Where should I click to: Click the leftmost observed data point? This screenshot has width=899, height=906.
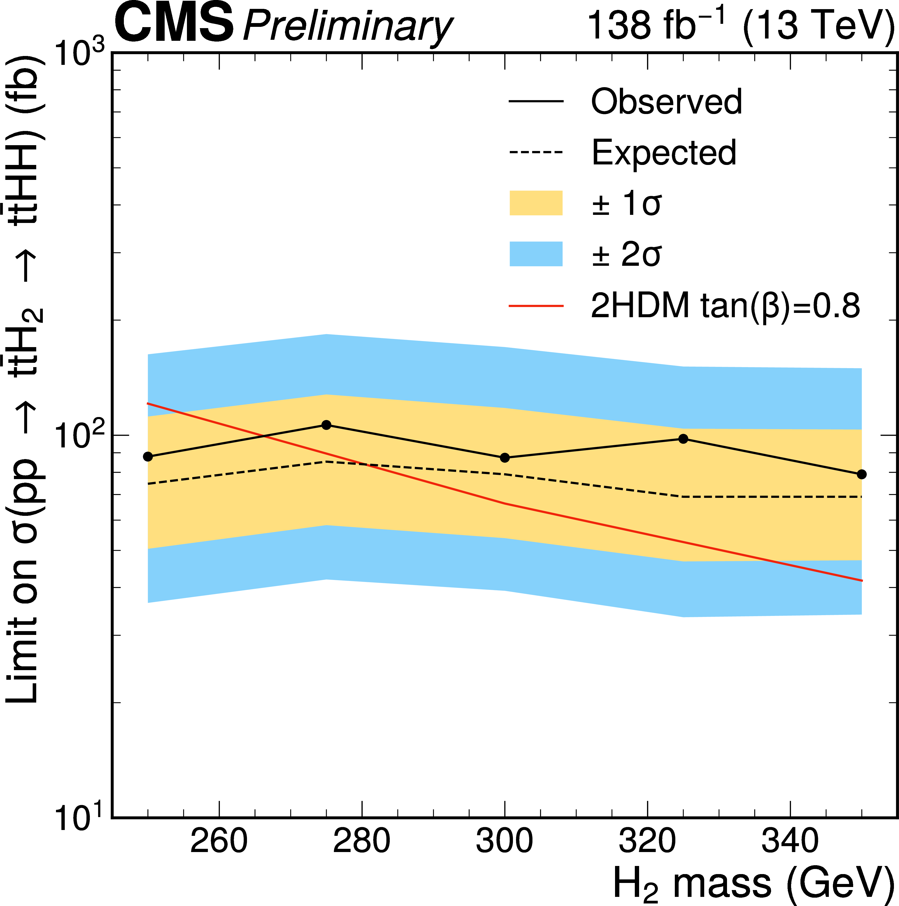pyautogui.click(x=148, y=456)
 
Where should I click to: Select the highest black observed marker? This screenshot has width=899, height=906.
pyautogui.click(x=327, y=425)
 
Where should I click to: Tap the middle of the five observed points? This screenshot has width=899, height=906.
pyautogui.click(x=505, y=457)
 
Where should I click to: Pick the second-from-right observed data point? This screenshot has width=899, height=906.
pyautogui.click(x=683, y=439)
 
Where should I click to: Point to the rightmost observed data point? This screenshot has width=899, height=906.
pyautogui.click(x=862, y=474)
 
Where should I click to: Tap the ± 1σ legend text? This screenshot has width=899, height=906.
pyautogui.click(x=626, y=203)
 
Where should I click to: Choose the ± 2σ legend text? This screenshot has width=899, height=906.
pyautogui.click(x=626, y=255)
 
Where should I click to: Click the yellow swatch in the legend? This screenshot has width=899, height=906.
pyautogui.click(x=536, y=203)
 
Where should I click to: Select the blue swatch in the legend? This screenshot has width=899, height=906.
pyautogui.click(x=536, y=254)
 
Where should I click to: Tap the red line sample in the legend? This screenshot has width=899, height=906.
pyautogui.click(x=536, y=306)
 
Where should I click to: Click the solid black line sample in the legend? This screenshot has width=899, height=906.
pyautogui.click(x=536, y=101)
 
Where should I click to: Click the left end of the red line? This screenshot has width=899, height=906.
pyautogui.click(x=148, y=403)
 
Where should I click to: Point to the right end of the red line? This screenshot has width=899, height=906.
pyautogui.click(x=862, y=580)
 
